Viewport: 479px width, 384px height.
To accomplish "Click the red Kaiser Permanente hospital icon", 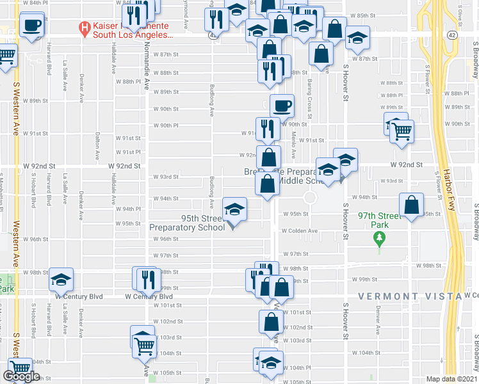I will (83, 28).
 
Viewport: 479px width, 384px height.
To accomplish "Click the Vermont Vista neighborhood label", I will (409, 296).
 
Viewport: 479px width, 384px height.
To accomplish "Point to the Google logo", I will (21, 376).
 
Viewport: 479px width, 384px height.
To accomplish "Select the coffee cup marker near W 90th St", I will (282, 106).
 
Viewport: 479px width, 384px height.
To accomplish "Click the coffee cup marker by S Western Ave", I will (31, 26).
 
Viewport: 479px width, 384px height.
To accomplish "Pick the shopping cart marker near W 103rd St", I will (145, 345).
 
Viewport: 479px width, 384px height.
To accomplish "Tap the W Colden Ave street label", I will (300, 231).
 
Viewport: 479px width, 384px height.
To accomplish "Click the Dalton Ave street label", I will (97, 145).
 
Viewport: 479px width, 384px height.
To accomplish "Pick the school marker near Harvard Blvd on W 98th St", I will (61, 280).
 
